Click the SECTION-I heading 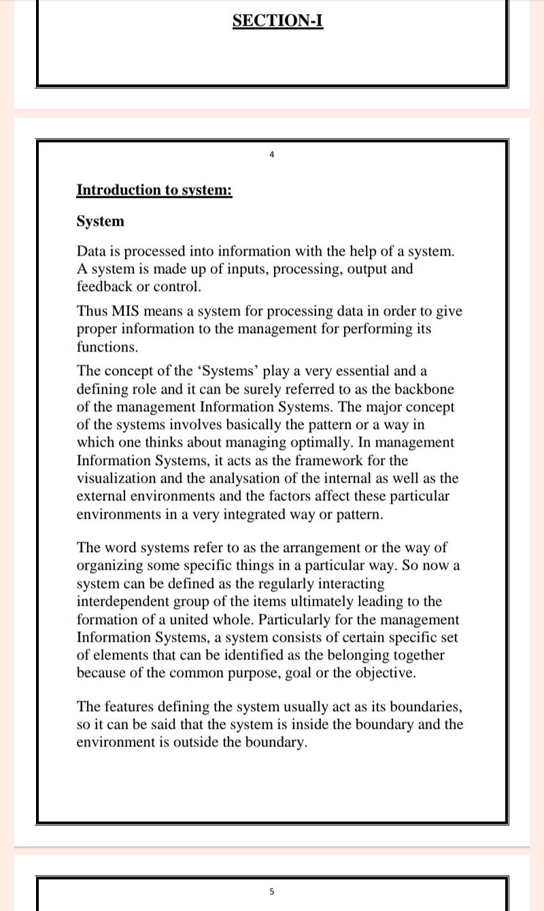(277, 21)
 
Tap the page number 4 (271, 155)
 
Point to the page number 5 (271, 891)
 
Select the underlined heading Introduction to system (154, 190)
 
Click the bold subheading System (101, 222)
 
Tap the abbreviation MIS (125, 311)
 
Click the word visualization (119, 478)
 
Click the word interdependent (124, 602)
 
